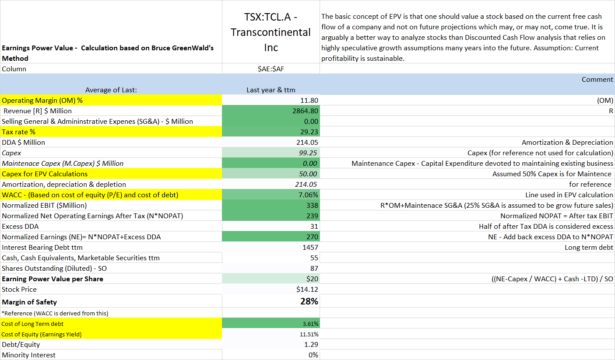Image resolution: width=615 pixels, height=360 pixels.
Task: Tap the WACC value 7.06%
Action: click(x=308, y=195)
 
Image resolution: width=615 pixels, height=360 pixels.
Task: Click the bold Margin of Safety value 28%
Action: click(x=309, y=301)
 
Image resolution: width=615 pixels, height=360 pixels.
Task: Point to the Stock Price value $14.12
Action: click(x=307, y=289)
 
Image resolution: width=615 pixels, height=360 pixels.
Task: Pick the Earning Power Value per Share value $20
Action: click(x=313, y=279)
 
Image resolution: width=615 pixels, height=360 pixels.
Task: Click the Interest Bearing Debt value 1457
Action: click(x=309, y=247)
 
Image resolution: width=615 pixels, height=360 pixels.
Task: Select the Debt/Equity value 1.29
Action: click(x=312, y=345)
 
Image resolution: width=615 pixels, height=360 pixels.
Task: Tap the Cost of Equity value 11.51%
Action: click(x=309, y=334)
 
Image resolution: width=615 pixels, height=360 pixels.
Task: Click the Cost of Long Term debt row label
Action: click(x=33, y=324)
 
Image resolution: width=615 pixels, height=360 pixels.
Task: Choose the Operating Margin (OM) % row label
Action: click(x=42, y=100)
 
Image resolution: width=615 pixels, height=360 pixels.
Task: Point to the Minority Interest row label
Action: click(x=29, y=355)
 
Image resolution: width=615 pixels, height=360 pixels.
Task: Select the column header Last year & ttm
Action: click(x=271, y=90)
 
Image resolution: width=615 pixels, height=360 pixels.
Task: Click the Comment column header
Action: click(x=597, y=79)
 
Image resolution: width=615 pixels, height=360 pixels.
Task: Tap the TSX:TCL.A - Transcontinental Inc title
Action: click(x=271, y=32)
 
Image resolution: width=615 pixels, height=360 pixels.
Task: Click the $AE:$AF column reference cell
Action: click(x=271, y=69)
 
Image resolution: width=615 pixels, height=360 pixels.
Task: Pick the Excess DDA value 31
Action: click(x=314, y=226)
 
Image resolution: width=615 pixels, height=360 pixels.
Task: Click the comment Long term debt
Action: click(x=589, y=247)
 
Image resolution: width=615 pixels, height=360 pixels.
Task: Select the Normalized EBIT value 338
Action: click(x=312, y=205)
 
